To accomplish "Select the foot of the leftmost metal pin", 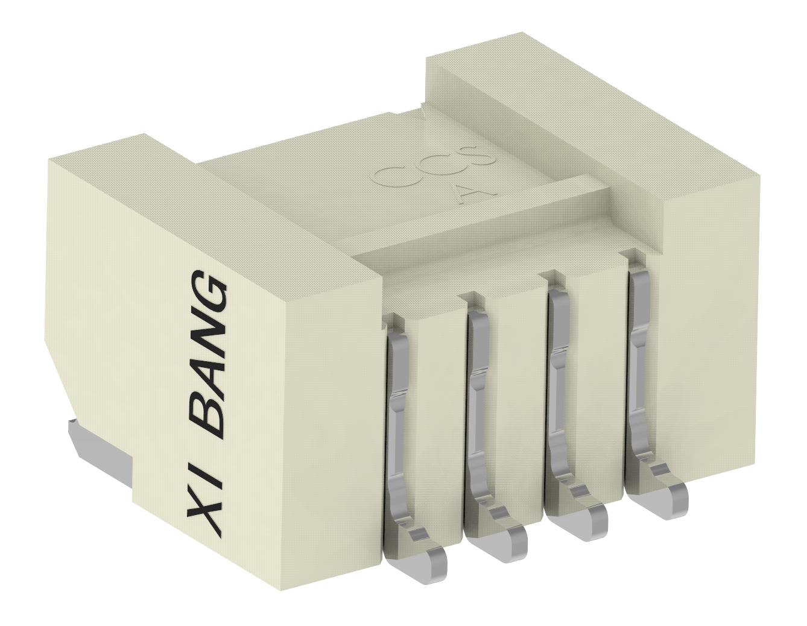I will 422,564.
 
